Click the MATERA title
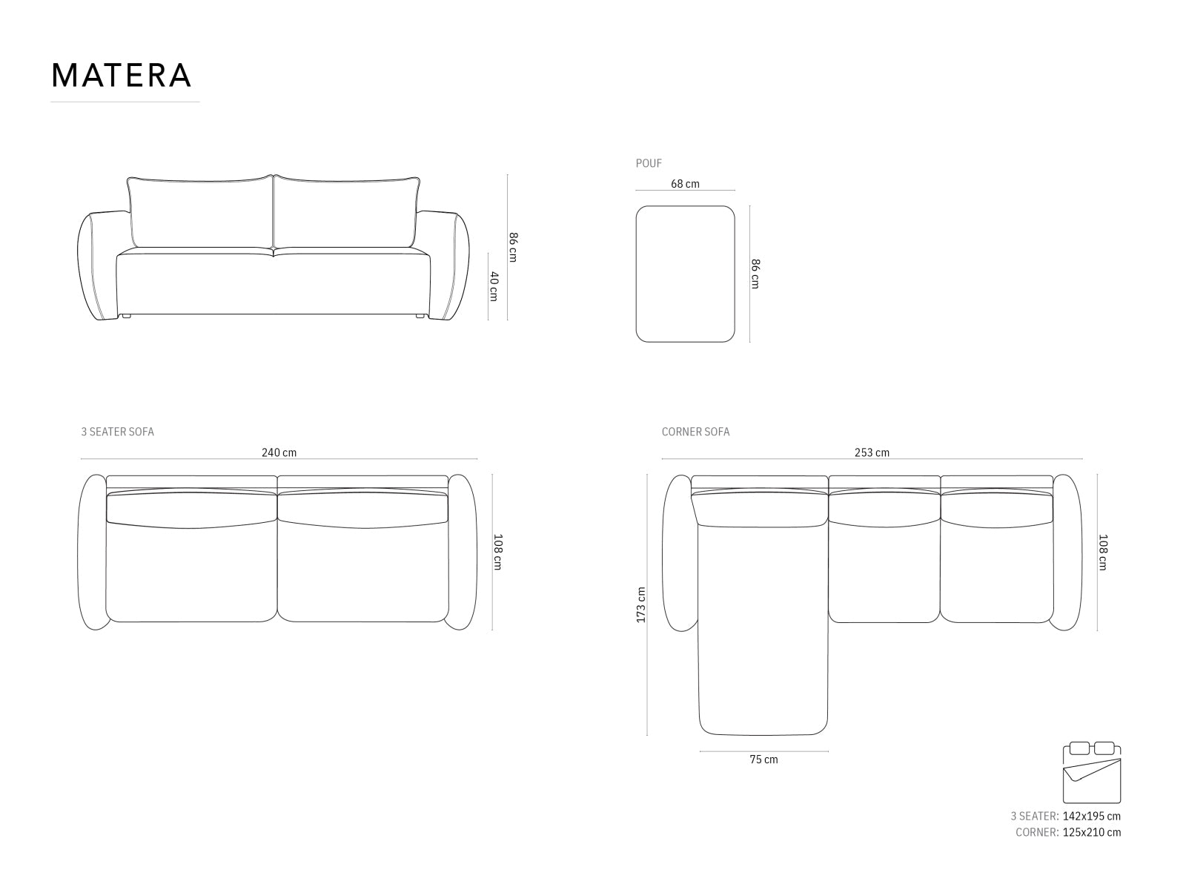point(122,75)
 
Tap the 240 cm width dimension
point(279,452)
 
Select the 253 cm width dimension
point(872,452)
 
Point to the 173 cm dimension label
point(641,604)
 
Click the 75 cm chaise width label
point(763,759)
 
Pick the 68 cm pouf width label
point(685,184)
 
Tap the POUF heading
point(649,163)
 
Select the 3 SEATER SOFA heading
point(117,432)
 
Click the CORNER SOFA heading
point(695,432)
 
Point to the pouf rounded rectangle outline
point(685,274)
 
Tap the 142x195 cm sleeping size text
point(1091,816)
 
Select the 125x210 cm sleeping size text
point(1091,832)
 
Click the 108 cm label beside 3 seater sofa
point(497,552)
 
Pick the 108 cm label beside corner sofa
point(1103,552)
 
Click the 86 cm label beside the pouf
point(755,274)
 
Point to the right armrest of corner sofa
point(1067,553)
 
